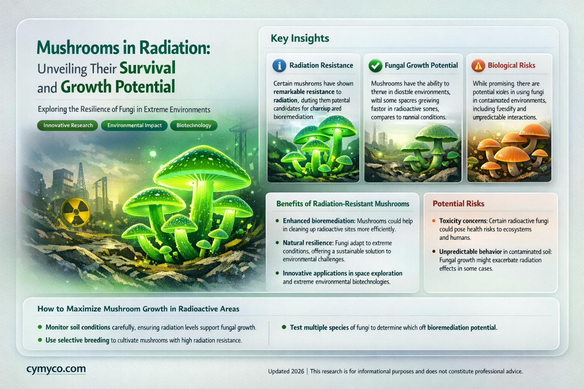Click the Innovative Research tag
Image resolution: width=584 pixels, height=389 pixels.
point(68,125)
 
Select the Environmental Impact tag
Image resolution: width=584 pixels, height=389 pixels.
point(134,125)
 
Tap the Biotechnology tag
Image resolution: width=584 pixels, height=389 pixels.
point(194,125)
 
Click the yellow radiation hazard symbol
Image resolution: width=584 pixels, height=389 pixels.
point(76,211)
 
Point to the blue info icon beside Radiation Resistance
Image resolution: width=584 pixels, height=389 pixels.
point(279,66)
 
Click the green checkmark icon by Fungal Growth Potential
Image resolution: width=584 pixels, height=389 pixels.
point(375,66)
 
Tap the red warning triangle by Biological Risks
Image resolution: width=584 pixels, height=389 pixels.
point(478,66)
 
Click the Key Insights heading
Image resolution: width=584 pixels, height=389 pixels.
point(300,38)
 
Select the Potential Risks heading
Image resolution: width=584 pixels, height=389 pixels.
point(458,204)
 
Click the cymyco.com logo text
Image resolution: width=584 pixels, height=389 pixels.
point(56,369)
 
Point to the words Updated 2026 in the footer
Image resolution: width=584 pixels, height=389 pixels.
point(286,371)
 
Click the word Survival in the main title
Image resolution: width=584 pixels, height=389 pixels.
point(148,68)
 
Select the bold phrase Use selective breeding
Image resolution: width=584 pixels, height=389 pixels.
point(77,340)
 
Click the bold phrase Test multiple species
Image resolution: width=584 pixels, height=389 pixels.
point(319,327)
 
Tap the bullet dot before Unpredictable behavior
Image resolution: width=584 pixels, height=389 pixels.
point(434,251)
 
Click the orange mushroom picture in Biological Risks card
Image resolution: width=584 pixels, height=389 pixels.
point(509,152)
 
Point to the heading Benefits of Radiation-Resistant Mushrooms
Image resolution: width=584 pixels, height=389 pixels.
point(343,204)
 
